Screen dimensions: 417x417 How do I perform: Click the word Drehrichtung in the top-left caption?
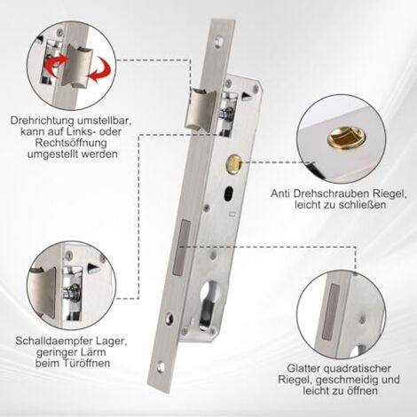click(x=42, y=121)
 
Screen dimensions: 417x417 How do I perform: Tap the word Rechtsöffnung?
click(x=71, y=143)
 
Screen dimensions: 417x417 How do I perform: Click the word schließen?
click(x=363, y=205)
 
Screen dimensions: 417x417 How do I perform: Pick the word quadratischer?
click(x=358, y=368)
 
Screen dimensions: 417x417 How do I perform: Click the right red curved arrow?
click(x=99, y=70)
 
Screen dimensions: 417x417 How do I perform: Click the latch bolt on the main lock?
click(x=200, y=109)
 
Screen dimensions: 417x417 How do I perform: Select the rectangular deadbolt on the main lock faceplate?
click(x=182, y=248)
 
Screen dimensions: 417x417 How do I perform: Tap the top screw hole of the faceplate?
click(x=220, y=41)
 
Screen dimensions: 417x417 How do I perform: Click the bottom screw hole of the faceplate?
click(x=161, y=367)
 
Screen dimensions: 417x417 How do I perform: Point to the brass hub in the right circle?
click(x=345, y=138)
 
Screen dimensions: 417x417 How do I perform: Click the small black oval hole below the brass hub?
click(x=228, y=193)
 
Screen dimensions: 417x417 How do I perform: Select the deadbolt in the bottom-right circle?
click(x=331, y=311)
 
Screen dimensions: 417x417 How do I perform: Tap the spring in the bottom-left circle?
click(x=72, y=294)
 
